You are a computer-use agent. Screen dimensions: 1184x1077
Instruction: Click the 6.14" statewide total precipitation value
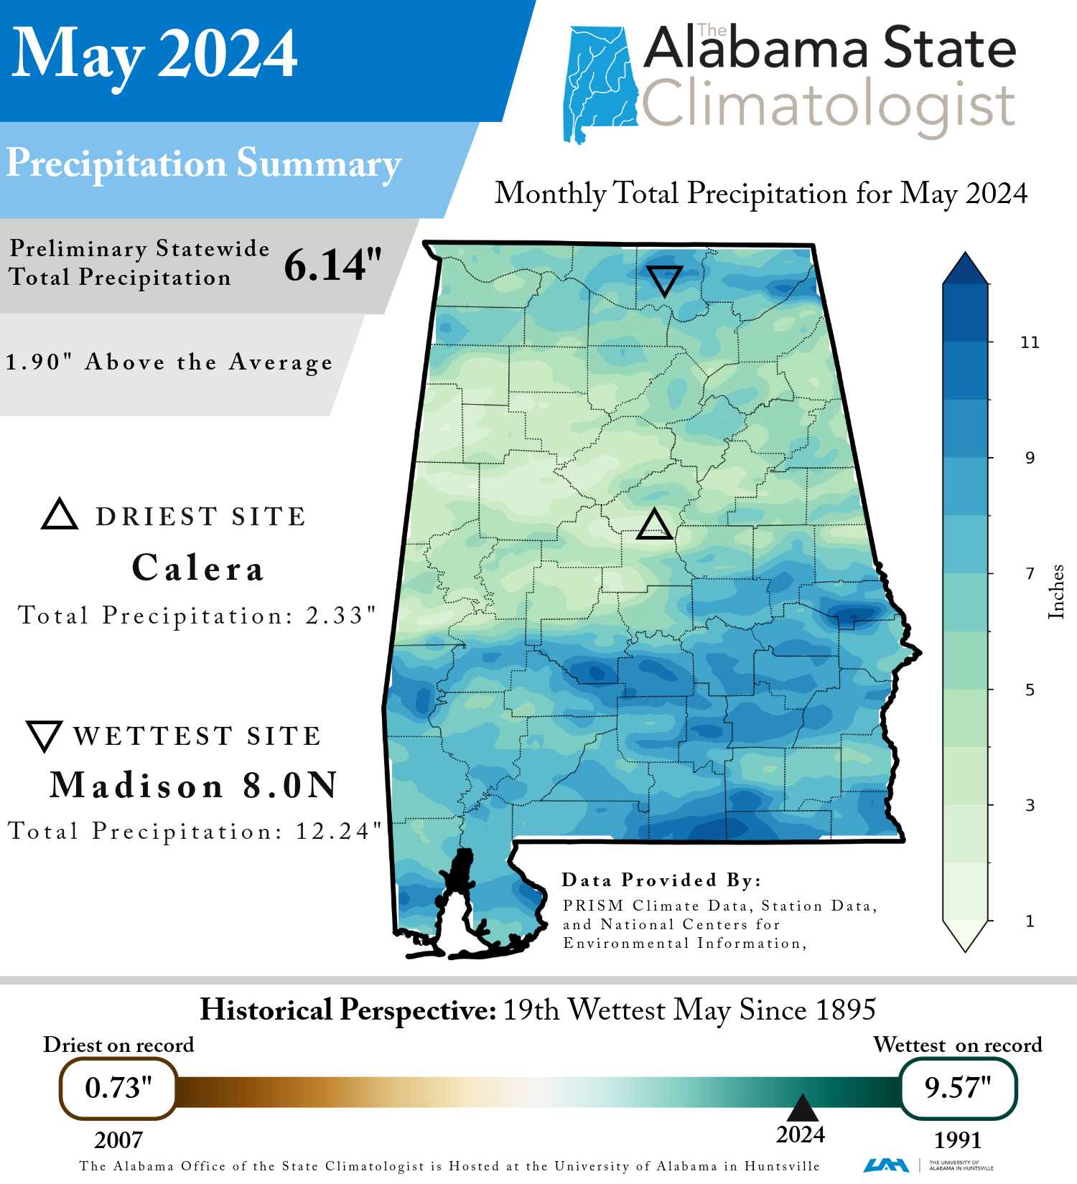tap(332, 266)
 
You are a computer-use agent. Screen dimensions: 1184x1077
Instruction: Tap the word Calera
tap(198, 568)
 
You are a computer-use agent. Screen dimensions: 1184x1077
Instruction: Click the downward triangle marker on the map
tap(664, 280)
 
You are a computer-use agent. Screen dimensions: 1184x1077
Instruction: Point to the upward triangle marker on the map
tap(654, 525)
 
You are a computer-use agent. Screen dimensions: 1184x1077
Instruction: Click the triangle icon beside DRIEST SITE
tap(60, 515)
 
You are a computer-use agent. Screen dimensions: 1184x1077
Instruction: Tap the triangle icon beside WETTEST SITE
tap(45, 736)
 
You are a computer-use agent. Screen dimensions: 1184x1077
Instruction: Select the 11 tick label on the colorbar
tap(1030, 342)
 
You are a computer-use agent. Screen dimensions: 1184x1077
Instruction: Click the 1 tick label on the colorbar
tap(1030, 921)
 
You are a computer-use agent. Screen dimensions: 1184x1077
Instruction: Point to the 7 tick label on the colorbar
tap(1030, 573)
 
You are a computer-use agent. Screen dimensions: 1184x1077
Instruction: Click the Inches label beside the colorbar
tap(1056, 592)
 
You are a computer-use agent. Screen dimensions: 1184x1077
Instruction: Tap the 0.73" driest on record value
tap(118, 1088)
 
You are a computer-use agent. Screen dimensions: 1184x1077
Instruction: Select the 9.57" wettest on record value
tap(958, 1088)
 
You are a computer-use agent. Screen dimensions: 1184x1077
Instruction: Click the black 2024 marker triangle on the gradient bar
tap(802, 1109)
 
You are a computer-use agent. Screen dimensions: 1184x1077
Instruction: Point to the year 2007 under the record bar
tap(118, 1140)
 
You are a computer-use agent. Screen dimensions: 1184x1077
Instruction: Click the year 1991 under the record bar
tap(957, 1140)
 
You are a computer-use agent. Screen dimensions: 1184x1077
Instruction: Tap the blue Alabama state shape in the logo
tap(600, 83)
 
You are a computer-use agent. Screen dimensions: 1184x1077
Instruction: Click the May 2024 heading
tap(154, 54)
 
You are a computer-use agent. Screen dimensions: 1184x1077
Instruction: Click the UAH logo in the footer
tap(886, 1165)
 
